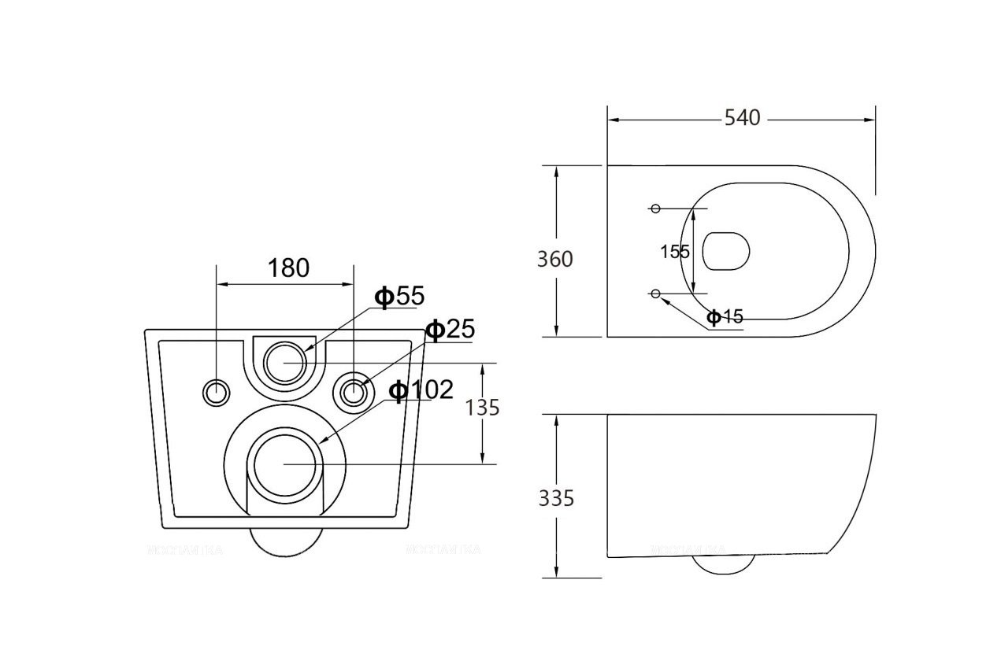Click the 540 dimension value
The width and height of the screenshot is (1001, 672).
tap(742, 119)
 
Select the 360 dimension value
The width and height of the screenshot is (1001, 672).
tap(554, 259)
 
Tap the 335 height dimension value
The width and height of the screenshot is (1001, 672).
tap(556, 498)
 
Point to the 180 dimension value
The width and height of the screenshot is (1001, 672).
tap(288, 268)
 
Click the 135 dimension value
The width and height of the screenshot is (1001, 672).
tap(483, 407)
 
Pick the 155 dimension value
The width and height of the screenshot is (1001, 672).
tap(675, 252)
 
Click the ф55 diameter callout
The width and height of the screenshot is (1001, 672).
tap(399, 297)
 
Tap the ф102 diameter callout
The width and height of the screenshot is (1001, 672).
tap(422, 390)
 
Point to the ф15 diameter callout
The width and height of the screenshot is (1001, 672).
tap(725, 317)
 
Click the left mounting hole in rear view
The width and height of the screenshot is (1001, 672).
tap(216, 391)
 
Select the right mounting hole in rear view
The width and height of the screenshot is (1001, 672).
tap(354, 391)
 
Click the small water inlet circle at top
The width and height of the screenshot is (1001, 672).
tap(285, 362)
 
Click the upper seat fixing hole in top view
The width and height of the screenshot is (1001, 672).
tap(654, 209)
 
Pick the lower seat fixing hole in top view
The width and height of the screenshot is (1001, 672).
tap(654, 294)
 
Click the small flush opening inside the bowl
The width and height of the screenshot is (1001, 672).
tap(725, 252)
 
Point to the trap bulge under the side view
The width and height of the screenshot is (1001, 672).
tap(722, 563)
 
